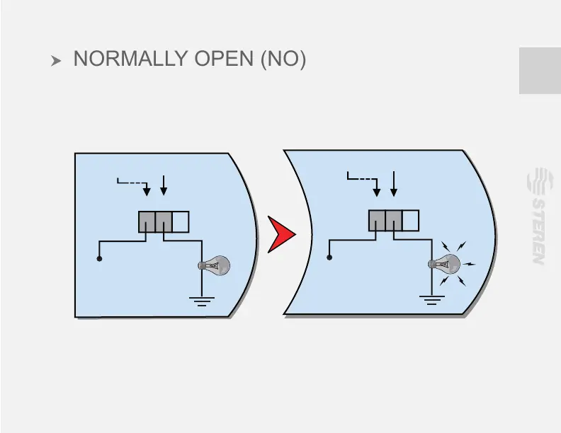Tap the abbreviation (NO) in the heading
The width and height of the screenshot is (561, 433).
coord(283,59)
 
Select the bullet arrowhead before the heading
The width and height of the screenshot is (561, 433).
coord(57,62)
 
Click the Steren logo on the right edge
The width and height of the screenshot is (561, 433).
coord(538,216)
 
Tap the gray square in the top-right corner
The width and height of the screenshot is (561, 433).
coord(540,71)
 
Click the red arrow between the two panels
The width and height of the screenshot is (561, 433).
coord(281,234)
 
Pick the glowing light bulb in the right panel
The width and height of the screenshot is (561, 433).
coord(445,265)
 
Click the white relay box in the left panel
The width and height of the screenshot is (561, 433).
coord(181,222)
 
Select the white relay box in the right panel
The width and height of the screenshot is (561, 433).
coord(410,221)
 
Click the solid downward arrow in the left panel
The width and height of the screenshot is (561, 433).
coord(164,185)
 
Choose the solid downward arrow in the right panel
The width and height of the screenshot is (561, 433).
coord(394,183)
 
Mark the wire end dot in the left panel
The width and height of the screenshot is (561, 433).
coord(100,259)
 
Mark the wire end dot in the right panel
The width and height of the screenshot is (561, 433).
coord(329,258)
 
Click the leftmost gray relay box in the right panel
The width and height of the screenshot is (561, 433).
coord(377,221)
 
